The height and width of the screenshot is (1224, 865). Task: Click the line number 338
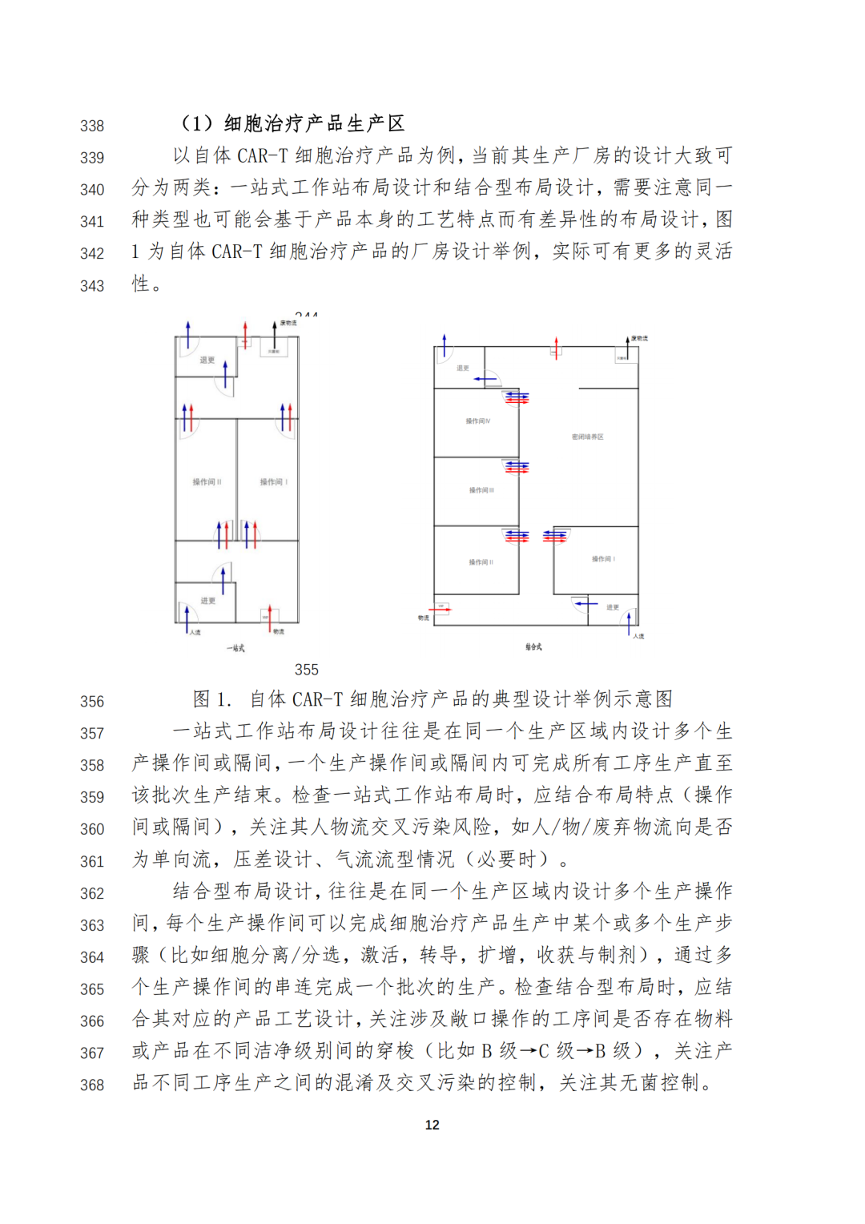(92, 126)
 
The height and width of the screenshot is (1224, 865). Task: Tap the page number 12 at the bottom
(432, 1125)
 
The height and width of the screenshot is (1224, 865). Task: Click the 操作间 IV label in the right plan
(478, 421)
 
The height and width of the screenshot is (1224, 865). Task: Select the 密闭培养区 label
(588, 437)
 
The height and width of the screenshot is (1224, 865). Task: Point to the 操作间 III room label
(481, 490)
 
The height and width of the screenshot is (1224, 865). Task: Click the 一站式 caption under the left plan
(235, 648)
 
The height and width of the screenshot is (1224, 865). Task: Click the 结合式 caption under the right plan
(533, 646)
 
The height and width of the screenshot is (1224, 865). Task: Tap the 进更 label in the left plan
(208, 600)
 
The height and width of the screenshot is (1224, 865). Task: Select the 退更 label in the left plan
(207, 360)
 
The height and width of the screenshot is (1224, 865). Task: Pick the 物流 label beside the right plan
(423, 618)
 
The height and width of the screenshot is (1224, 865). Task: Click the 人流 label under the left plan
(195, 632)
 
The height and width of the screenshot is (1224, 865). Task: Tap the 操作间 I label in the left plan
(273, 482)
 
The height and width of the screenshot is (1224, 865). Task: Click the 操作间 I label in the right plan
(603, 559)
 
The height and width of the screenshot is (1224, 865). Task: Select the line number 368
(92, 1085)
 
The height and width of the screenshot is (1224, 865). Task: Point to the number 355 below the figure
(307, 670)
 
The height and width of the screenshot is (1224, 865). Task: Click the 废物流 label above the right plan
(639, 339)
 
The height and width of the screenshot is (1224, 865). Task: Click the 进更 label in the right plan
(613, 607)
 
